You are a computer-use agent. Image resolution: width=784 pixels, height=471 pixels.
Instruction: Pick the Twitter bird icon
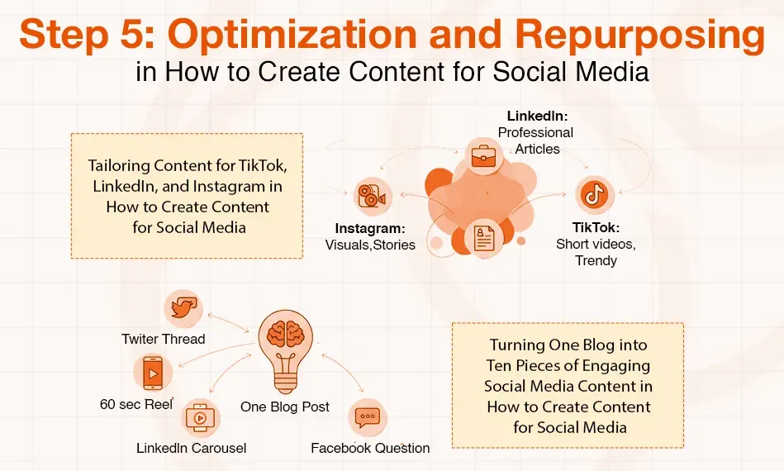(182, 309)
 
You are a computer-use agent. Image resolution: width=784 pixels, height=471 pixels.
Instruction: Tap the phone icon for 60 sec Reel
(151, 373)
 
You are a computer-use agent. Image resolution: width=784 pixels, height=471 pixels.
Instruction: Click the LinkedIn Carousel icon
(200, 417)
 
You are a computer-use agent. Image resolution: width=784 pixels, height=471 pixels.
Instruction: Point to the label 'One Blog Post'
(285, 407)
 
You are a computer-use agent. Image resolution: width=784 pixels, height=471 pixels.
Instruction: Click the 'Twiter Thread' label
(163, 339)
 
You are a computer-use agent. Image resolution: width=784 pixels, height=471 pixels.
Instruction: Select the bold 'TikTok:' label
(596, 227)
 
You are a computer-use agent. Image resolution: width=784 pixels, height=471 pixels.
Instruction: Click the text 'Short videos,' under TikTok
(596, 244)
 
